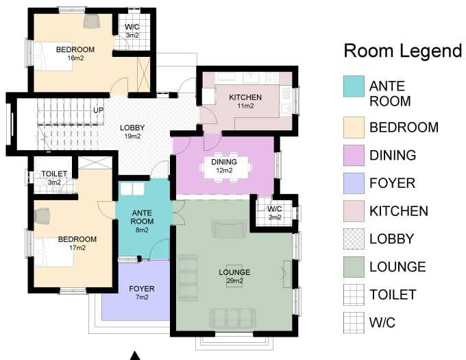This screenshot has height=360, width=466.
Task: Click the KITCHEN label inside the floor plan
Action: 245,97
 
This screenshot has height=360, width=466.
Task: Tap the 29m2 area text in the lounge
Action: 235,281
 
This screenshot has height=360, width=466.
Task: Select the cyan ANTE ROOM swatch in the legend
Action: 354,86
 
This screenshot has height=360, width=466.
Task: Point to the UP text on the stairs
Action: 99,110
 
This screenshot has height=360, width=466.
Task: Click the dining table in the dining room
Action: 225,167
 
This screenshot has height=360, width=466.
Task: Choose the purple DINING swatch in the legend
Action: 354,155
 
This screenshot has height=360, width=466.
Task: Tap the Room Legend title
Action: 403,51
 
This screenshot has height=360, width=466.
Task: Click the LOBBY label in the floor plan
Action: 132,128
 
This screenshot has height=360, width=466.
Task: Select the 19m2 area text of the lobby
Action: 132,136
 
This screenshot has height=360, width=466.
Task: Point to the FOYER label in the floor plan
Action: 142,289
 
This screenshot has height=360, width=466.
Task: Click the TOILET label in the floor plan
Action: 54,173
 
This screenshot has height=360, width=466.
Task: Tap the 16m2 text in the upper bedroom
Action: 75,58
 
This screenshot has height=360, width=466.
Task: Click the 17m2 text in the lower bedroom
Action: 77,248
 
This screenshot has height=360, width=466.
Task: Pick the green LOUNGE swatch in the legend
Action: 354,267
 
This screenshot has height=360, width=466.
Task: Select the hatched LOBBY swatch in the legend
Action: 354,239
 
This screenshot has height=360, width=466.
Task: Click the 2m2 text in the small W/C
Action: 275,217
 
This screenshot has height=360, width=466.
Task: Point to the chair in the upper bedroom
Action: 92,21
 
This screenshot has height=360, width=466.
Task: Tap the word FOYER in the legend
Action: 392,183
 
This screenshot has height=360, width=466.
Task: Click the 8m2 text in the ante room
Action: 142,230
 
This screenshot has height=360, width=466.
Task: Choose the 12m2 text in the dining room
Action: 224,171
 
